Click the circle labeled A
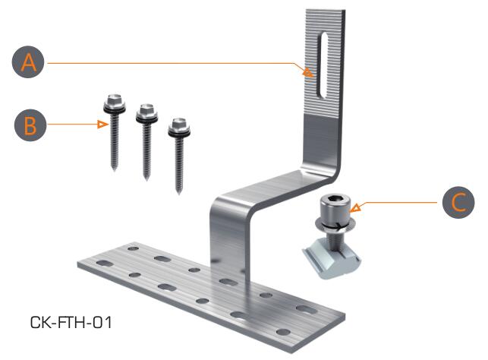tap(28, 62)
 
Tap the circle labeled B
tap(30, 125)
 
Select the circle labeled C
tap(458, 202)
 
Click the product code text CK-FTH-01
tap(71, 322)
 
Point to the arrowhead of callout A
tap(308, 73)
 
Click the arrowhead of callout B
tap(102, 125)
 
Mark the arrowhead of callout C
tap(356, 207)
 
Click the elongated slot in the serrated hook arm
tap(322, 65)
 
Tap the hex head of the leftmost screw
tap(115, 100)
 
